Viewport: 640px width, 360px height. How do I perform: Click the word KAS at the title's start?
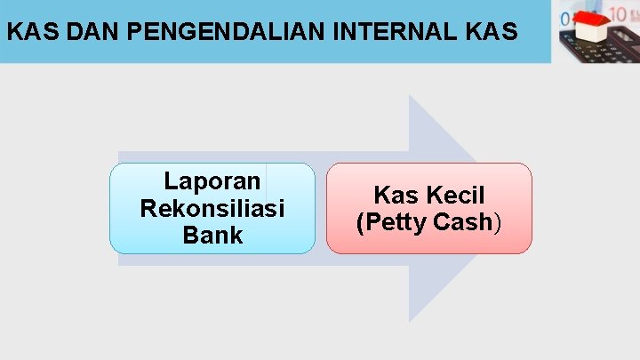(x=26, y=33)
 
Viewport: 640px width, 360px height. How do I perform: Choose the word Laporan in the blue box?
(x=212, y=182)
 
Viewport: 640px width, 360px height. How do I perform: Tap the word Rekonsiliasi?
(x=212, y=209)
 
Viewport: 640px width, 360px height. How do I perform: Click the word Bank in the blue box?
(x=212, y=236)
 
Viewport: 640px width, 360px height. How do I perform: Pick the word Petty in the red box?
(x=396, y=222)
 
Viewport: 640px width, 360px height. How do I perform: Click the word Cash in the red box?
(x=463, y=222)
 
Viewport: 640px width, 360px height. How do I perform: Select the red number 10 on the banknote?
(x=617, y=15)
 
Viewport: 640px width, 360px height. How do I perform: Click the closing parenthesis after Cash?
(x=498, y=222)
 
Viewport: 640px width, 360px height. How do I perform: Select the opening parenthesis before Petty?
(x=360, y=222)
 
